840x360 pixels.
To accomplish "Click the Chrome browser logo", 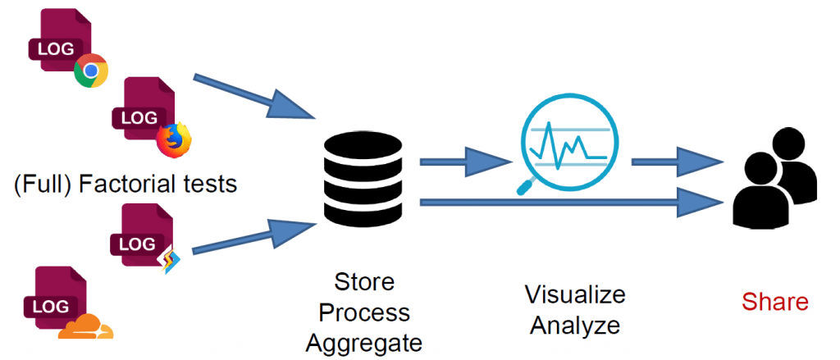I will click(90, 72).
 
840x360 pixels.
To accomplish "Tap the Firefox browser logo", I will click(173, 139).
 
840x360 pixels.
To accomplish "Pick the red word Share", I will click(775, 303).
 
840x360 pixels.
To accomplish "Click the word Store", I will click(364, 283).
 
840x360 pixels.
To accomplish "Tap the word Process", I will click(364, 313).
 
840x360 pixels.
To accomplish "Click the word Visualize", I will click(574, 294).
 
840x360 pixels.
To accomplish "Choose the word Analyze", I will click(574, 325).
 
